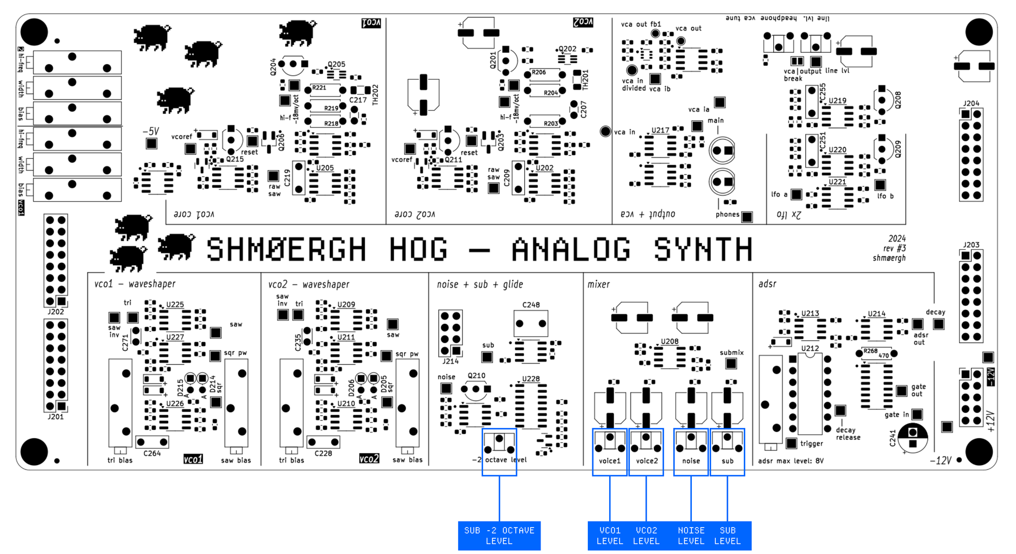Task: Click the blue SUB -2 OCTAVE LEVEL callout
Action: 499,536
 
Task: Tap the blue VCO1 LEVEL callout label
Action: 610,536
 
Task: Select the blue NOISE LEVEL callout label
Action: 691,536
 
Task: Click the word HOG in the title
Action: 418,249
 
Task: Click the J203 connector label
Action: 971,245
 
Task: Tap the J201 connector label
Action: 56,417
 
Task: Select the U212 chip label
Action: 810,348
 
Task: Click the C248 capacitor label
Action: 531,305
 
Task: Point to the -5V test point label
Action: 151,132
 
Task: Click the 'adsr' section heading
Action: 767,284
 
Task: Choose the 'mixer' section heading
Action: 598,284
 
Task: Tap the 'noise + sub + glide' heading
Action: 480,284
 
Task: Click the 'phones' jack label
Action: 727,214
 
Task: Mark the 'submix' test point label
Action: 732,352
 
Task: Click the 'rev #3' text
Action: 895,248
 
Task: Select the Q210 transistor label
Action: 476,376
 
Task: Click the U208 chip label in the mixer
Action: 670,341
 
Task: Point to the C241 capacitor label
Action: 893,438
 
